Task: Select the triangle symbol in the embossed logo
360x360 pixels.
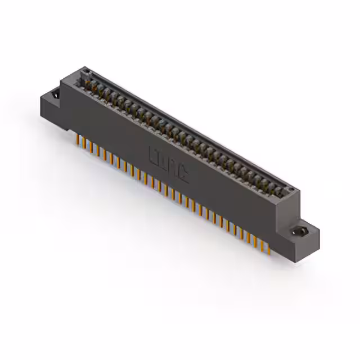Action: [x=184, y=174]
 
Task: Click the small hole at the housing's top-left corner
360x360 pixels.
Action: [x=87, y=71]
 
